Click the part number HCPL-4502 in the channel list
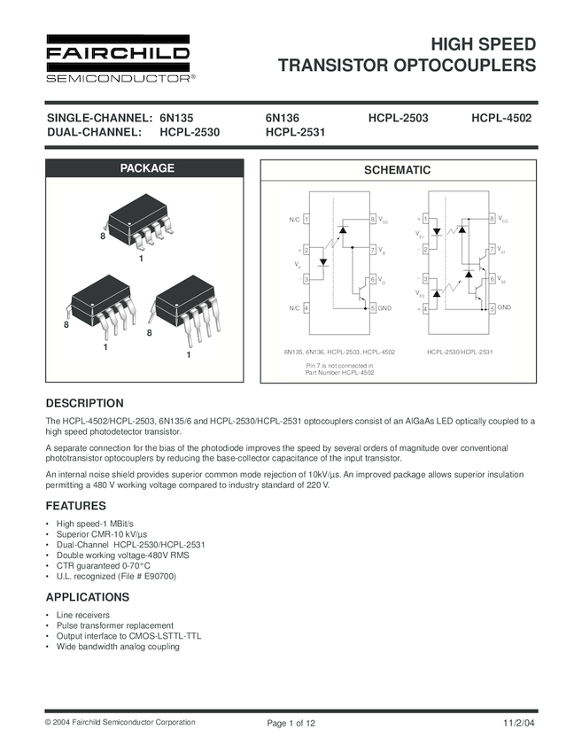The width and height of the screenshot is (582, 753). pyautogui.click(x=501, y=118)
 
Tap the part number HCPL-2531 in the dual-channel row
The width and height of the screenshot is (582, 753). pyautogui.click(x=296, y=133)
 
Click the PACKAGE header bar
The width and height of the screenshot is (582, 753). pyautogui.click(x=147, y=168)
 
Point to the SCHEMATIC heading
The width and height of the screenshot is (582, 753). pyautogui.click(x=398, y=170)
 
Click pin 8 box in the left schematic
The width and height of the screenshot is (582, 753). pyautogui.click(x=373, y=219)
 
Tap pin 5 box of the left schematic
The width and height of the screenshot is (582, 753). pyautogui.click(x=373, y=307)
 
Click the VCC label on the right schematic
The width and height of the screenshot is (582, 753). pyautogui.click(x=503, y=220)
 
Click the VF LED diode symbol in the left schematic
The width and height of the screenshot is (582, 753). pyautogui.click(x=323, y=262)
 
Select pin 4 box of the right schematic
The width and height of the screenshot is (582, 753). pyautogui.click(x=426, y=307)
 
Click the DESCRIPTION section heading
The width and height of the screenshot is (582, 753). pyautogui.click(x=84, y=403)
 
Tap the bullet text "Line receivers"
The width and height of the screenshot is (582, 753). pyautogui.click(x=83, y=614)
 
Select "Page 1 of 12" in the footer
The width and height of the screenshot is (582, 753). pyautogui.click(x=291, y=724)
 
